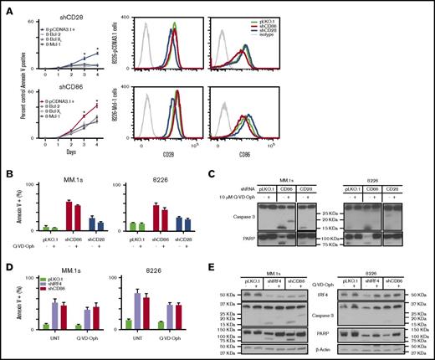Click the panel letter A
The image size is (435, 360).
[x=6, y=7]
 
